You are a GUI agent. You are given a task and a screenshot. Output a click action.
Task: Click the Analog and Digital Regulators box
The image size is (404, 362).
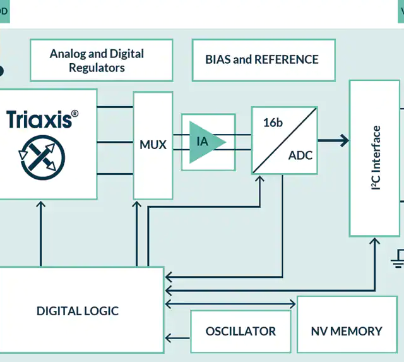[101, 60]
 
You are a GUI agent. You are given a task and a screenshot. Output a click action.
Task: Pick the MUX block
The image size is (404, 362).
[153, 145]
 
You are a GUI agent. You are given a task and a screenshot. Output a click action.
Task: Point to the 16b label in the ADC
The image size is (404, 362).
[273, 123]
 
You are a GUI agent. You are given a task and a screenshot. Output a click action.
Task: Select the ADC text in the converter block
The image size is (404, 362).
[300, 155]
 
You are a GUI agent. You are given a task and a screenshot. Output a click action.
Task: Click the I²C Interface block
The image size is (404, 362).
[375, 158]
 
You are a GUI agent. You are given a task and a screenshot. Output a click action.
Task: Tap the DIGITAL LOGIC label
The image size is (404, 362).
[77, 311]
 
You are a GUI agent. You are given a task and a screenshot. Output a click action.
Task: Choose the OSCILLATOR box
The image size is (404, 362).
[241, 331]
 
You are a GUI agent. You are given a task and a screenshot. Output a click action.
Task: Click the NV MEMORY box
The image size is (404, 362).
[346, 331]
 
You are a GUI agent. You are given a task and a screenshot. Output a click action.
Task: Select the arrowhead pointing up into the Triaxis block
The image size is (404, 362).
[41, 205]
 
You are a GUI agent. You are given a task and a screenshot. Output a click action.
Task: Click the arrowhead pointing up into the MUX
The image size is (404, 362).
[136, 205]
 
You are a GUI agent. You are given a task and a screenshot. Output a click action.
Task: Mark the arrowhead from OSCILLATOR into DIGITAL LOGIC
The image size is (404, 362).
[169, 339]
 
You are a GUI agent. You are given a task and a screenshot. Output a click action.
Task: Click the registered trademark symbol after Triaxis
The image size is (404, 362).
[74, 114]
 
